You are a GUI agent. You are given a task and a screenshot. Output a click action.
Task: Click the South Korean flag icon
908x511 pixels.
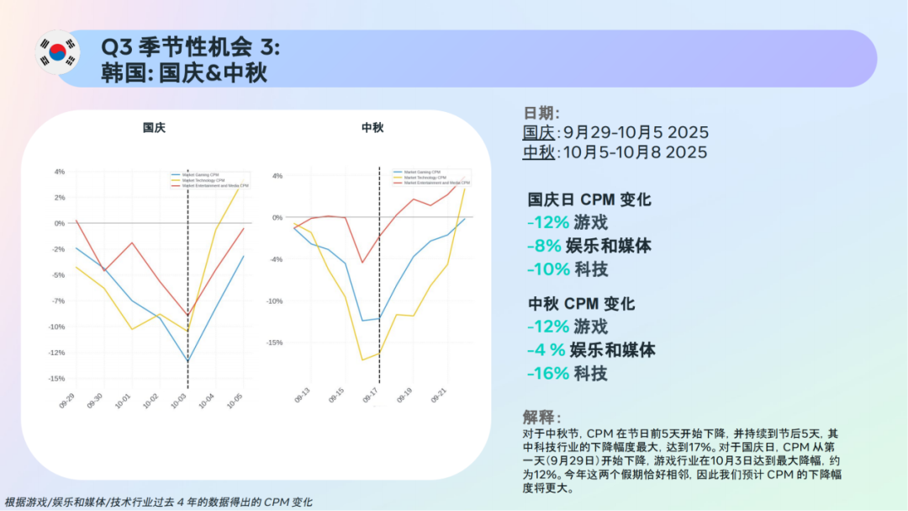click(57, 52)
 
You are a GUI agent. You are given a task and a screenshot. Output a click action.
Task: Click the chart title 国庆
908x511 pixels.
click(154, 127)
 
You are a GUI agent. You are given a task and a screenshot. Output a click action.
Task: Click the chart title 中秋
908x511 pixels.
click(372, 127)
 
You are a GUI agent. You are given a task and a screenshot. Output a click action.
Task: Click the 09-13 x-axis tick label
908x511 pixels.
click(301, 397)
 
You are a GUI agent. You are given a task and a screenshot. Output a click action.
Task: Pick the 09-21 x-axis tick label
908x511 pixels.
click(437, 397)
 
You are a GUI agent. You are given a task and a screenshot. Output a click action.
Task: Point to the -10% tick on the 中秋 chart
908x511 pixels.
click(275, 301)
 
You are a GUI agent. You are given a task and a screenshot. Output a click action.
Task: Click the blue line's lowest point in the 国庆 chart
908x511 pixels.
click(187, 362)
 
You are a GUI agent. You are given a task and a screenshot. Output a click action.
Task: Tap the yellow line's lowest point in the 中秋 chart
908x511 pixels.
click(362, 360)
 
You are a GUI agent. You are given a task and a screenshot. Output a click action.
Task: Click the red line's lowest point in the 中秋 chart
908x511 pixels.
click(362, 263)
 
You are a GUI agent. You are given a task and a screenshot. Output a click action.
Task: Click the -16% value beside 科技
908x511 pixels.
click(547, 374)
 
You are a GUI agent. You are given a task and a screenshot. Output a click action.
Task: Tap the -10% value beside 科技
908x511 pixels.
click(547, 269)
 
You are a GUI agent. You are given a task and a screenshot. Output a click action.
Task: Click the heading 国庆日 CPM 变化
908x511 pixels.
click(589, 200)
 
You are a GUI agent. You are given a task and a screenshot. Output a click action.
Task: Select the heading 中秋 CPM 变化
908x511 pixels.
click(581, 304)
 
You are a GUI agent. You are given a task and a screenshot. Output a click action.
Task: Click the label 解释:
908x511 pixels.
click(541, 418)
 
